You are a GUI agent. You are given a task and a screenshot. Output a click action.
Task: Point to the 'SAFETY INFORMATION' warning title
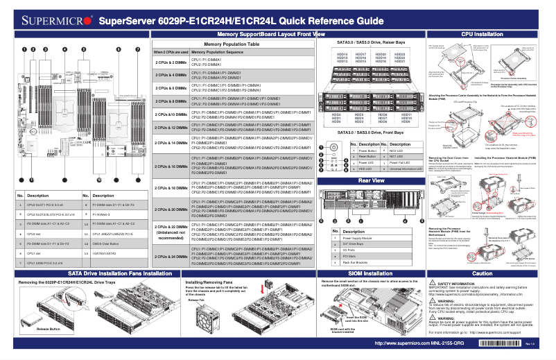(x=458, y=284)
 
